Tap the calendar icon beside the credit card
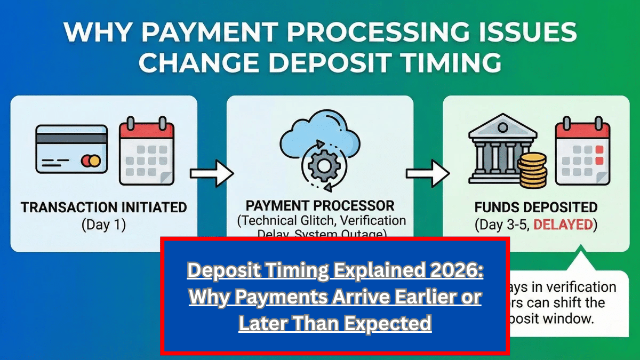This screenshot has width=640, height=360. (146, 151)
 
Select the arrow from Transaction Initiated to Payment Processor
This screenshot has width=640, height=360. (212, 173)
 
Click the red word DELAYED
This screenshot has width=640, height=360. (563, 225)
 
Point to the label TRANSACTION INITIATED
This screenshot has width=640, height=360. (103, 207)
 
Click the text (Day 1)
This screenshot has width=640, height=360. (103, 225)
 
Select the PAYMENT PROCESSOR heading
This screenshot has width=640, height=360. (320, 205)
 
